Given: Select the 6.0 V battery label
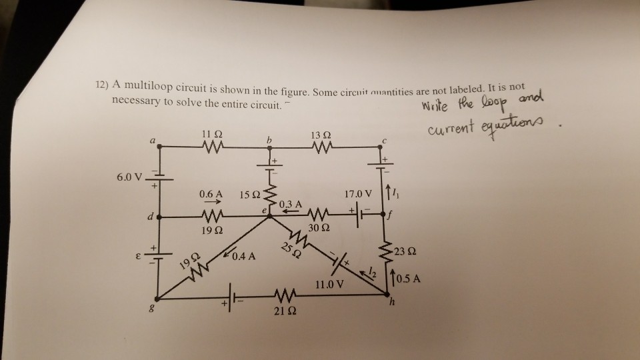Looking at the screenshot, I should [x=130, y=177].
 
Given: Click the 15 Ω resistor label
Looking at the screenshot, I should [x=251, y=194].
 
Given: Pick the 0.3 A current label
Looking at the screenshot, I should [x=291, y=203].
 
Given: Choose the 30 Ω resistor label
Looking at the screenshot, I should [x=317, y=229].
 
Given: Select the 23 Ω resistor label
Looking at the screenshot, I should [x=405, y=252].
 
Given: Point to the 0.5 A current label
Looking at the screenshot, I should [x=409, y=279].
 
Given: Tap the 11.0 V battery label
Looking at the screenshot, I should [x=331, y=284].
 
